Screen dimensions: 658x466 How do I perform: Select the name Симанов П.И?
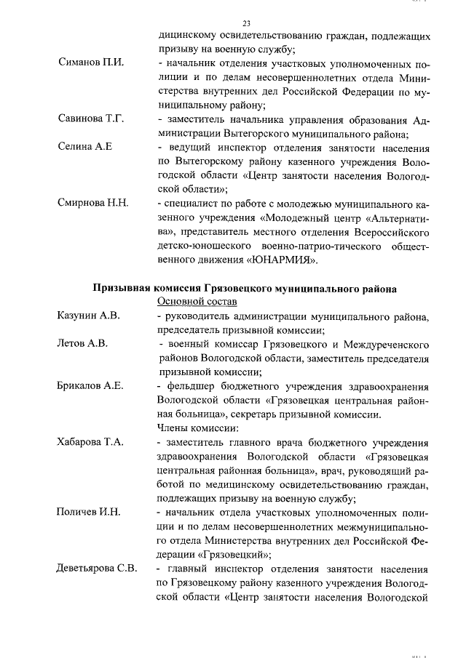tap(91, 63)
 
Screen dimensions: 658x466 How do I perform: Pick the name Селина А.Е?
tap(84, 146)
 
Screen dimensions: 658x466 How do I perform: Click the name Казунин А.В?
tap(89, 315)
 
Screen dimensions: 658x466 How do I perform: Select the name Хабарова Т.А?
tap(90, 441)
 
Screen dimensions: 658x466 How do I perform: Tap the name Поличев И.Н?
tap(89, 512)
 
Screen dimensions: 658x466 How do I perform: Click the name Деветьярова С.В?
tap(97, 568)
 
